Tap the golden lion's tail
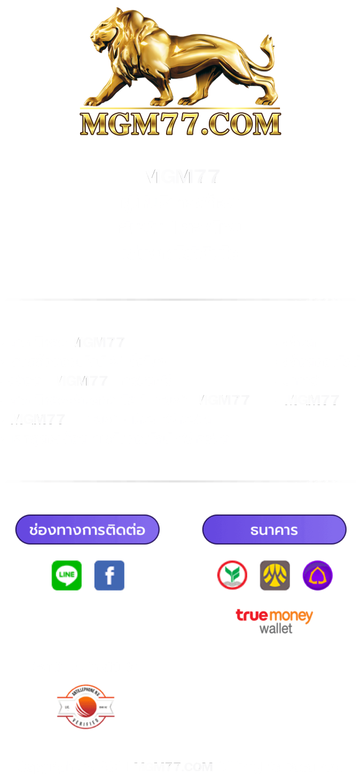click(x=267, y=53)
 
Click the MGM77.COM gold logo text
click(x=181, y=124)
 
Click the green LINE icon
click(x=67, y=575)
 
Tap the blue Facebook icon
click(x=109, y=575)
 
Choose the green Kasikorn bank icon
click(x=232, y=575)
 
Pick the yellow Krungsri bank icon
click(x=275, y=575)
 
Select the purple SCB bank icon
click(x=317, y=575)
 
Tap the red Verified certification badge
click(x=85, y=707)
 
